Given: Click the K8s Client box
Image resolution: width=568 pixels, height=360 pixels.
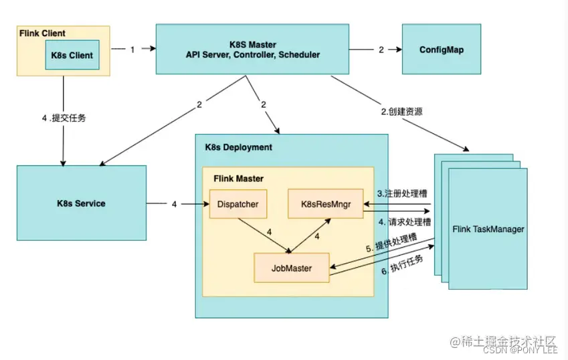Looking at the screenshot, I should point(72,54).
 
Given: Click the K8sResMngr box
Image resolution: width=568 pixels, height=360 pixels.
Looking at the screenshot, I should point(324,203).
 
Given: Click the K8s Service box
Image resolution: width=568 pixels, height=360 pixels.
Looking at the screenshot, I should point(81,203).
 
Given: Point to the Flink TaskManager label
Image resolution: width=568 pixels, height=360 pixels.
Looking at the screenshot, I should point(488,230).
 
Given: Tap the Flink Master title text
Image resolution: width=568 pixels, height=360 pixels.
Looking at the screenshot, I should point(238,179).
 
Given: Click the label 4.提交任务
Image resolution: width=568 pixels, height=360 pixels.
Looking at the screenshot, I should point(64,118).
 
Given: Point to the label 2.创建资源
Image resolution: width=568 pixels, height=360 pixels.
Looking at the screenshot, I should point(401,111).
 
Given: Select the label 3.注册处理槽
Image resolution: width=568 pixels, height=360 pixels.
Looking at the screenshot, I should point(402,193).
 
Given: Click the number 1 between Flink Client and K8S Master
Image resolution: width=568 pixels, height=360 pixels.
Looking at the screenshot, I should point(132,50).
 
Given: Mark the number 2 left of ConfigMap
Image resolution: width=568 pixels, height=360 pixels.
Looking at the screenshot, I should point(381,50).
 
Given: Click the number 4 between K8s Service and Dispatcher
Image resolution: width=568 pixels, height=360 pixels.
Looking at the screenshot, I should point(174,203).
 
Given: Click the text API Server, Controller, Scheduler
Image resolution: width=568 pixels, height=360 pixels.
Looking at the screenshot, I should point(253,55).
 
